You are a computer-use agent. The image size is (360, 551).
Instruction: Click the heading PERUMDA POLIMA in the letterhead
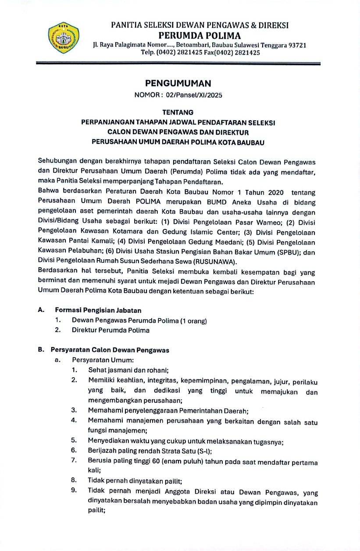tap(200, 36)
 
